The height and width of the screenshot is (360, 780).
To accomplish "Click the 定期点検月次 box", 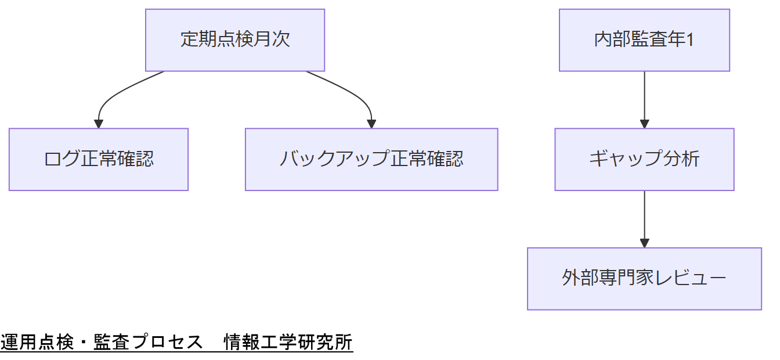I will coord(235,40).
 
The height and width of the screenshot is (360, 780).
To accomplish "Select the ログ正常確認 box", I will coord(99,159).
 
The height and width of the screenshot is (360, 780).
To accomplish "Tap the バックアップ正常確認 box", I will coord(371,159).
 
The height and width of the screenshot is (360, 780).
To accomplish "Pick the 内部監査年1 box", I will coord(644,40).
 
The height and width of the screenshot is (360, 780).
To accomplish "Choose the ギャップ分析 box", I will coord(644,159).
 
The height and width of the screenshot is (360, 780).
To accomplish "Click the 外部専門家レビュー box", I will coord(644,279).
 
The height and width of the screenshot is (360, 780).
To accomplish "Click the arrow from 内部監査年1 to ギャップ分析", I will coord(644,96).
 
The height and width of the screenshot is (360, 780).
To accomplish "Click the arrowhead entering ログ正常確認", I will coord(99,124).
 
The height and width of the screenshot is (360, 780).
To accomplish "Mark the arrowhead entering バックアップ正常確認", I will coord(371,124).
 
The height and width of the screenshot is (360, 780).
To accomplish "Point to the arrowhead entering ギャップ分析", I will coord(644,124).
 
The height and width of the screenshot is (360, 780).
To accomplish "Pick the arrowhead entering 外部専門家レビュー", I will coord(644,243).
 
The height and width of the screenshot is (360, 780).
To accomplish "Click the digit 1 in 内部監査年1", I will coord(690,40).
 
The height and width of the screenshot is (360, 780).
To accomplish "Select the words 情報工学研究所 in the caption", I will coord(288,343).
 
